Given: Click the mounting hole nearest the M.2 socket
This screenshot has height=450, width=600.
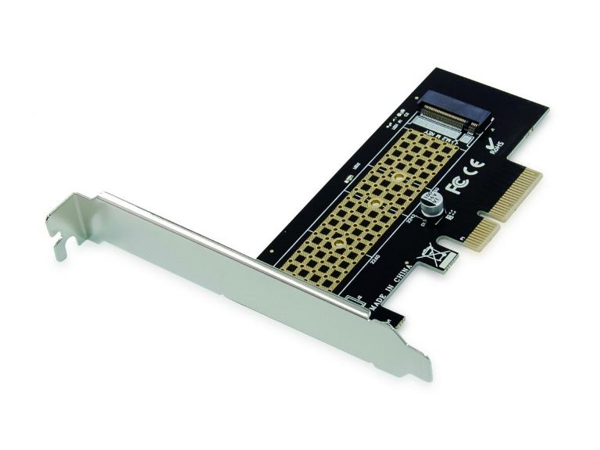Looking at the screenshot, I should [x=398, y=178].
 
